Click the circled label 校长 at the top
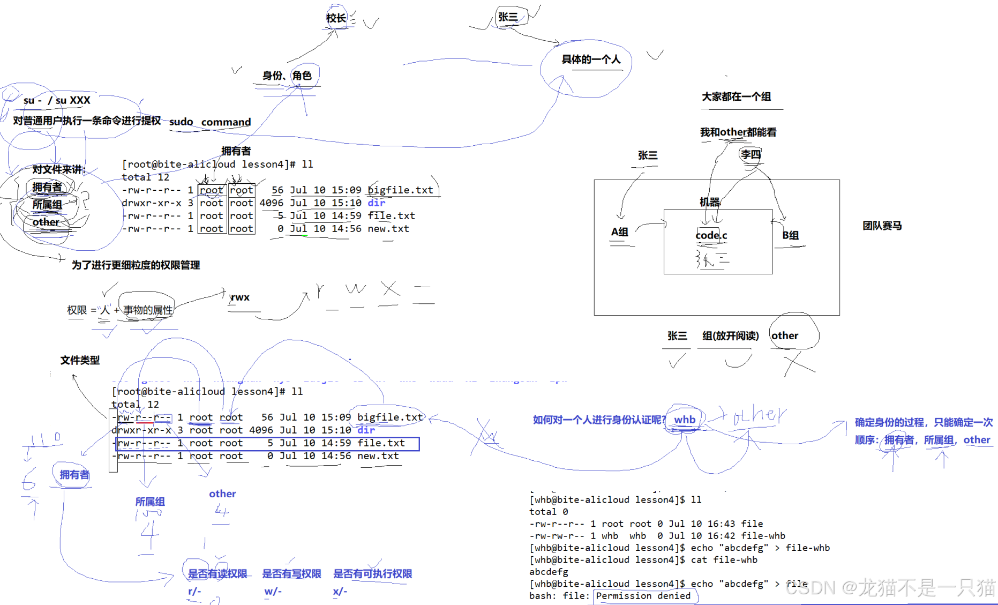pos(336,18)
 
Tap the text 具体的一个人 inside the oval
pos(591,59)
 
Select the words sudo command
pos(210,122)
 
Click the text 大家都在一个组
pos(737,97)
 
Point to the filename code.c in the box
pos(711,235)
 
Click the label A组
pos(620,232)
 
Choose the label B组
pos(791,235)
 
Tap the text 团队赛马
pos(882,226)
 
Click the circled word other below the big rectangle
pos(785,336)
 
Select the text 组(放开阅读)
pos(731,336)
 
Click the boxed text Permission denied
pos(643,596)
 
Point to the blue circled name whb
pos(685,420)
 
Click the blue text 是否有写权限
pos(291,574)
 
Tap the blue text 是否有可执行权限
pos(373,574)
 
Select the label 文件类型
pos(80,361)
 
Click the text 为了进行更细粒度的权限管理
pos(136,265)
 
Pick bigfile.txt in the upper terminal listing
pos(400,190)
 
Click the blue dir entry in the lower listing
pos(366,430)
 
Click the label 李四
pos(751,155)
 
